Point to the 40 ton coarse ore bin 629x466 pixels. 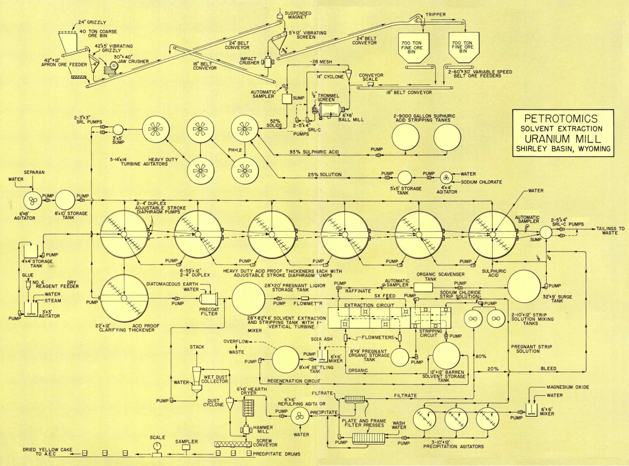coord(69,36)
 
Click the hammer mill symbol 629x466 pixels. coord(245,429)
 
